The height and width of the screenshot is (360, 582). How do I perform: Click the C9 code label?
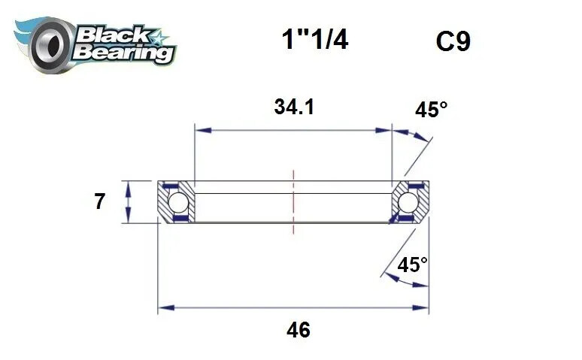453,41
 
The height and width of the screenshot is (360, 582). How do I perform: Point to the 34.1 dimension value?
293,107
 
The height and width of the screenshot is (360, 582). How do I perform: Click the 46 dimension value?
299,329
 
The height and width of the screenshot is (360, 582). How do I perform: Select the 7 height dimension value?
99,202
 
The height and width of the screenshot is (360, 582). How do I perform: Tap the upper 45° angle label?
431,110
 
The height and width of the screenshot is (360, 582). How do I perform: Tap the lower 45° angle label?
412,265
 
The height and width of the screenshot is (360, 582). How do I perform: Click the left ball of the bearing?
177,202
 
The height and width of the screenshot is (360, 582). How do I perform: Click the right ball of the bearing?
408,202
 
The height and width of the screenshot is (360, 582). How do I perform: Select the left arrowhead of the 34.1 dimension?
200,131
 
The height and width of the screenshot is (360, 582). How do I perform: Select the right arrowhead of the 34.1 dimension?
386,131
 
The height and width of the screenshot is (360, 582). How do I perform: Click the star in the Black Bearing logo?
160,35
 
